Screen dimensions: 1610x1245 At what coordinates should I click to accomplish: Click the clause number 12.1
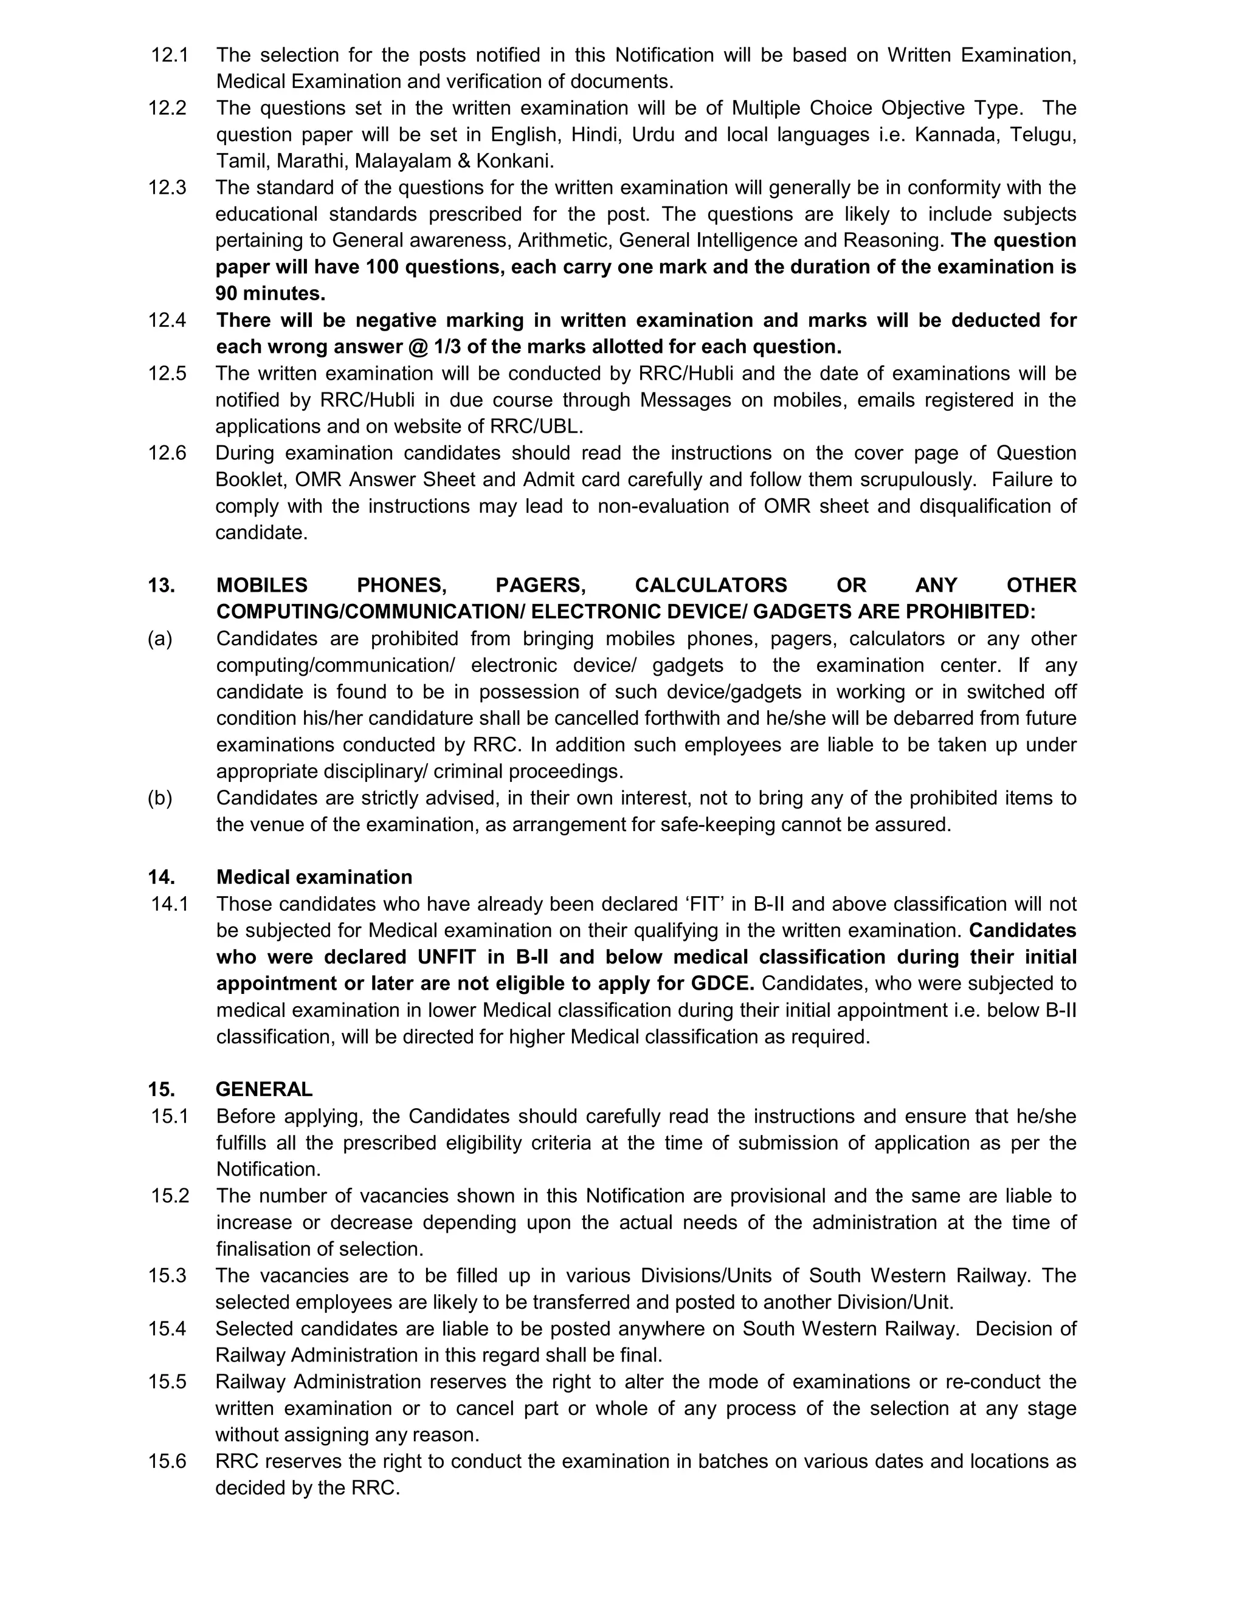170,55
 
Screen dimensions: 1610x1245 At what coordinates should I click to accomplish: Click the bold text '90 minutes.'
270,293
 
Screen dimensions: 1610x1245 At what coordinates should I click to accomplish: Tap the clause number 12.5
167,374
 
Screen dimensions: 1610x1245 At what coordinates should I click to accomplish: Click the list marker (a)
160,639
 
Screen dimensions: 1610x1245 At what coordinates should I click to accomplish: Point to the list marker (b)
160,798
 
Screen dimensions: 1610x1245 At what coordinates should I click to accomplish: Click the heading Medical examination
314,877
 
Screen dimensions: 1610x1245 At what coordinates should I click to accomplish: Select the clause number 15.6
167,1462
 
